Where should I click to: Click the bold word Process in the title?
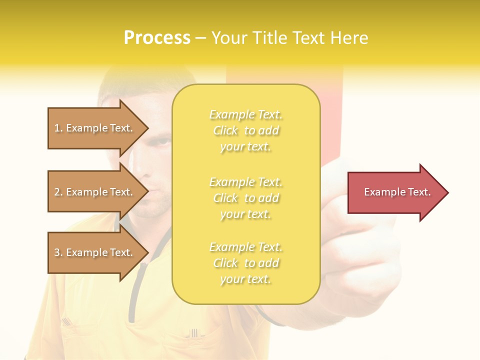(157, 38)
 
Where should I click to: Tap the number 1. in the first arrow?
(58, 128)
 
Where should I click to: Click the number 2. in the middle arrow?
(58, 192)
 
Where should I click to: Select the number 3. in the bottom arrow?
(58, 252)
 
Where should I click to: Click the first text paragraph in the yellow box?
(245, 130)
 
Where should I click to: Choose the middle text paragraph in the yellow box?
(245, 197)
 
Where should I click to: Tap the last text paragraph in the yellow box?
(245, 263)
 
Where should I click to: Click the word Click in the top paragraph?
(225, 130)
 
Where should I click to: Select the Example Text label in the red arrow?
(397, 192)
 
